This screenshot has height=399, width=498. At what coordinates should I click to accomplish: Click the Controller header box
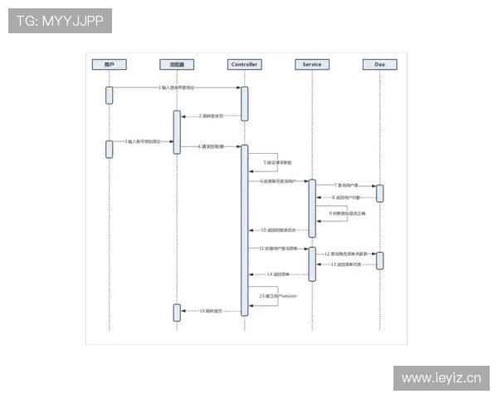244,64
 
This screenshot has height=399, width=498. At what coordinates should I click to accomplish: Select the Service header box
312,64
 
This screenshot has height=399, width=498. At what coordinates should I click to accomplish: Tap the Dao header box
379,64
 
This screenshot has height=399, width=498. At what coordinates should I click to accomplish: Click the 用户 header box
109,64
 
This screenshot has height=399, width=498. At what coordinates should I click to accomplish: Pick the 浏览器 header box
177,64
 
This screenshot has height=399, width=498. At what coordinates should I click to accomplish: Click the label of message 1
176,87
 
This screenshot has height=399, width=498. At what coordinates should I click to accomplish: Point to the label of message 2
211,116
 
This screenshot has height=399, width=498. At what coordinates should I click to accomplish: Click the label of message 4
211,146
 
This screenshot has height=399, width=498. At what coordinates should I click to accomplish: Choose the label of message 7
347,185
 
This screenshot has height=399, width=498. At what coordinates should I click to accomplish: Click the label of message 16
211,311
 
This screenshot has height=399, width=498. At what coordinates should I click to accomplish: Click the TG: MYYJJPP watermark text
60,21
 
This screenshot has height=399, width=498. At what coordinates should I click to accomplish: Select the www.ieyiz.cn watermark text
441,378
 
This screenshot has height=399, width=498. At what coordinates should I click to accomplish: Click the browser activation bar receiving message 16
177,312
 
